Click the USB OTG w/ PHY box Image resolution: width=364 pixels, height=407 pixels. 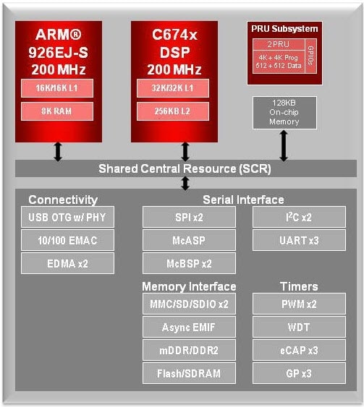pyautogui.click(x=67, y=217)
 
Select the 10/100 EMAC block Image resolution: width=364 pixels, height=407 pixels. pyautogui.click(x=67, y=240)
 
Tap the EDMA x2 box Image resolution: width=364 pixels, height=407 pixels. pyautogui.click(x=67, y=263)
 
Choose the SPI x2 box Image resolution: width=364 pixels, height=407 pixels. pyautogui.click(x=189, y=217)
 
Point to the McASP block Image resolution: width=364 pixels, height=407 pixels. pyautogui.click(x=189, y=240)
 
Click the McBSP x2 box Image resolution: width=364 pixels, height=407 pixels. pyautogui.click(x=189, y=263)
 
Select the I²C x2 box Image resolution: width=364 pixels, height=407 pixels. pyautogui.click(x=299, y=217)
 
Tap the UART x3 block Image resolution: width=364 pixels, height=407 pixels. pyautogui.click(x=299, y=240)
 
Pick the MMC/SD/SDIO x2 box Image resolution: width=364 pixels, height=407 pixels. pyautogui.click(x=189, y=304)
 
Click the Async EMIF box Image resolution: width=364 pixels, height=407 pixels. pyautogui.click(x=189, y=327)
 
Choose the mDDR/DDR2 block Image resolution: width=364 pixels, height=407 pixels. pyautogui.click(x=189, y=350)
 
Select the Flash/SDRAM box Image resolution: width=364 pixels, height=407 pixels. pyautogui.click(x=189, y=373)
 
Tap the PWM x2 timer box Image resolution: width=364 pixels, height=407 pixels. pyautogui.click(x=299, y=304)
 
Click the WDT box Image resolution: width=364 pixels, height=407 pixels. pyautogui.click(x=299, y=327)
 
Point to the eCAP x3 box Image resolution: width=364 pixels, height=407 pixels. pyautogui.click(x=299, y=350)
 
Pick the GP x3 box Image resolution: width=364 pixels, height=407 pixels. pyautogui.click(x=299, y=373)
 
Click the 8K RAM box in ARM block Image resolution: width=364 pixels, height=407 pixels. pyautogui.click(x=57, y=111)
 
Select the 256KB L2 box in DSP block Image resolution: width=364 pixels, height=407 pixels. pyautogui.click(x=172, y=111)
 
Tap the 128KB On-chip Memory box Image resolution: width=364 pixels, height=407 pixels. pyautogui.click(x=284, y=112)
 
